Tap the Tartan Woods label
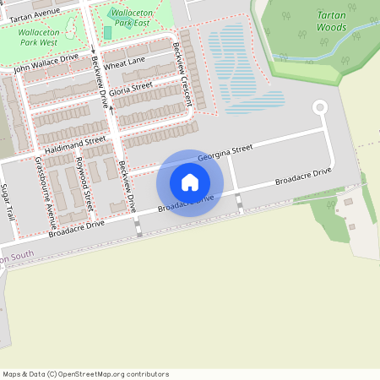coord(331,21)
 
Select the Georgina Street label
coord(225,153)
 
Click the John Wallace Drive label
coord(46,62)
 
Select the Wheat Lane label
coord(124,63)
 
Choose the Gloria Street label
coord(130,88)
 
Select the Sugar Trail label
coord(8,204)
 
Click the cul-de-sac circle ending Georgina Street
coord(319,107)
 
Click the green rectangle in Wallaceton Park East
coord(108,32)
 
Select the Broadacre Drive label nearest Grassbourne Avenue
coord(76,228)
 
